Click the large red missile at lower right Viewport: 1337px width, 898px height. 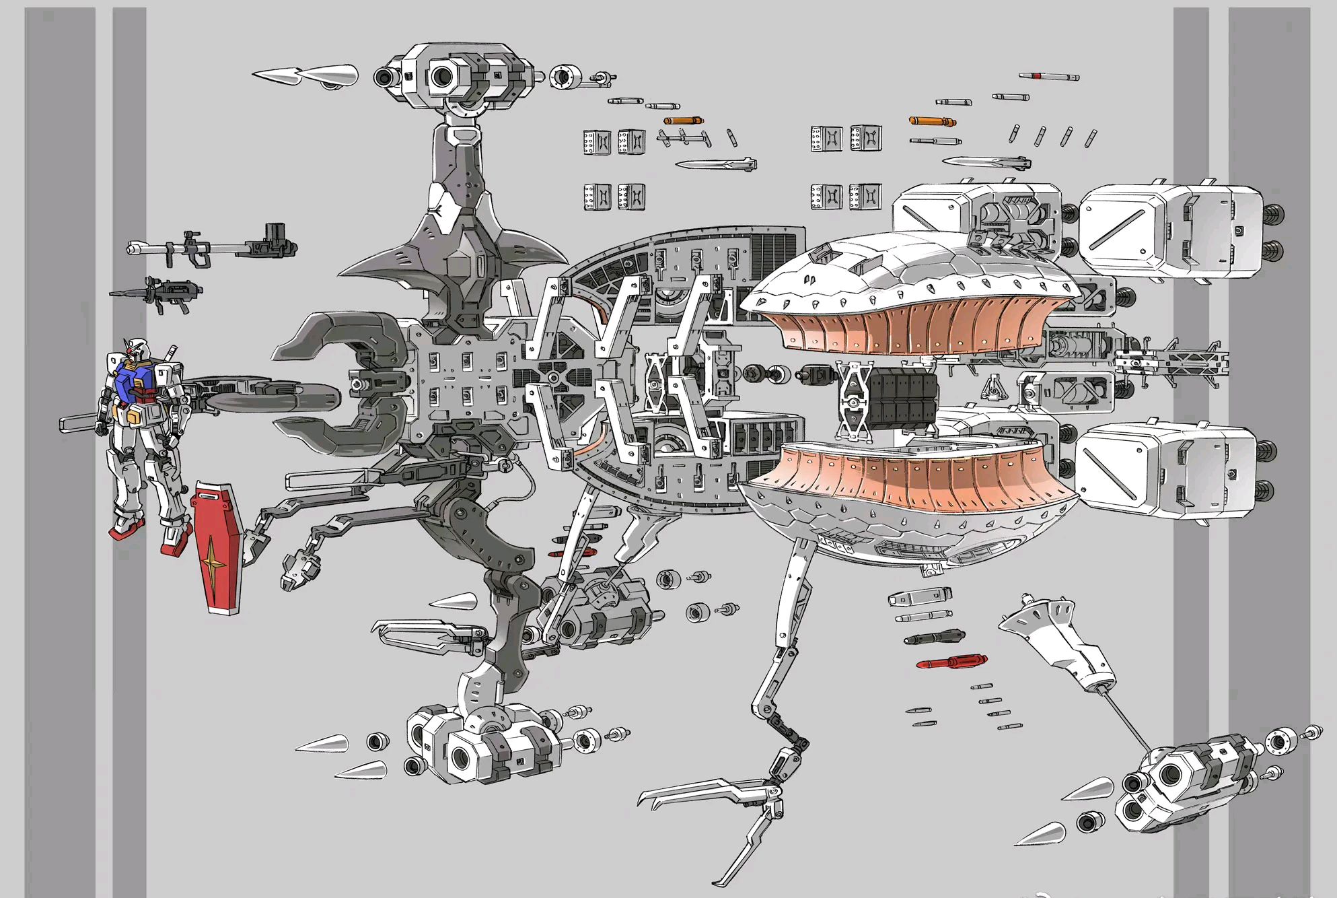tap(951, 662)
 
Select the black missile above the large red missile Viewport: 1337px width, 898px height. tap(934, 637)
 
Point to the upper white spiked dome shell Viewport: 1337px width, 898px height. tap(908, 269)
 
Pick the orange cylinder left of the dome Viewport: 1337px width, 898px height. tap(684, 120)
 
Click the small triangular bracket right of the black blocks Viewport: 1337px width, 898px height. tap(990, 389)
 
